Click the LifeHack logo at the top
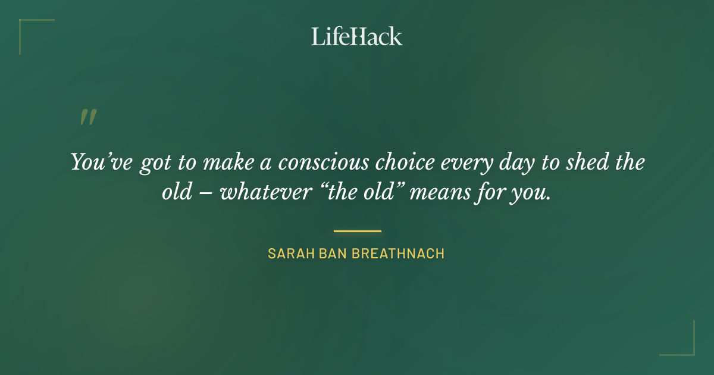click(x=356, y=36)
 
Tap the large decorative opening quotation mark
click(x=88, y=117)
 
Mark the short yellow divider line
click(x=357, y=231)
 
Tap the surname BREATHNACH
click(x=398, y=254)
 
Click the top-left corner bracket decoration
click(x=27, y=27)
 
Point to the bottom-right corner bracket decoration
click(x=687, y=348)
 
